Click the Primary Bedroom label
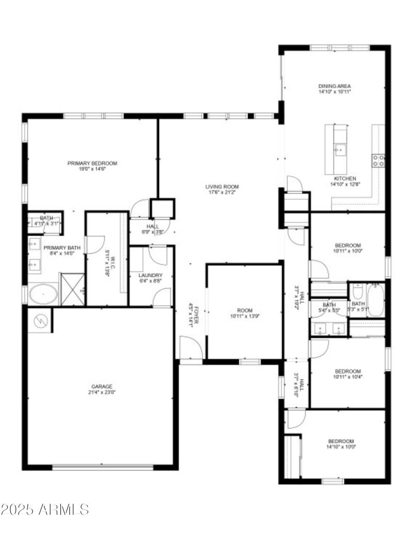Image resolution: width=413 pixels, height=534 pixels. [92, 163]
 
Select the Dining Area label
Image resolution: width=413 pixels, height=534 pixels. [335, 86]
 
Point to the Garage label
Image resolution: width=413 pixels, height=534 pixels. [102, 386]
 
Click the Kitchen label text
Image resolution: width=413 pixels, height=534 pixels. [345, 178]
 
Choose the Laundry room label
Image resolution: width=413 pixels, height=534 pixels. [151, 275]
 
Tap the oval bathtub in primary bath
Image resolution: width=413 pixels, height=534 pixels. [43, 295]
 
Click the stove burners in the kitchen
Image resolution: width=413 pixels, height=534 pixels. [378, 160]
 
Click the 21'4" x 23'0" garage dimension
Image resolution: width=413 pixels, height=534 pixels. [102, 392]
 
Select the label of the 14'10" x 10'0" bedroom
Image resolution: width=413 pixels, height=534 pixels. [341, 441]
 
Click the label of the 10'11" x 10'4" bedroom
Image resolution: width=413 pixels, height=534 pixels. [347, 371]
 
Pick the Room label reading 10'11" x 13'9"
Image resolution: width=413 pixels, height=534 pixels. [245, 310]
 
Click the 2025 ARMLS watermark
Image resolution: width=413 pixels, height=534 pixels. [45, 510]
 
